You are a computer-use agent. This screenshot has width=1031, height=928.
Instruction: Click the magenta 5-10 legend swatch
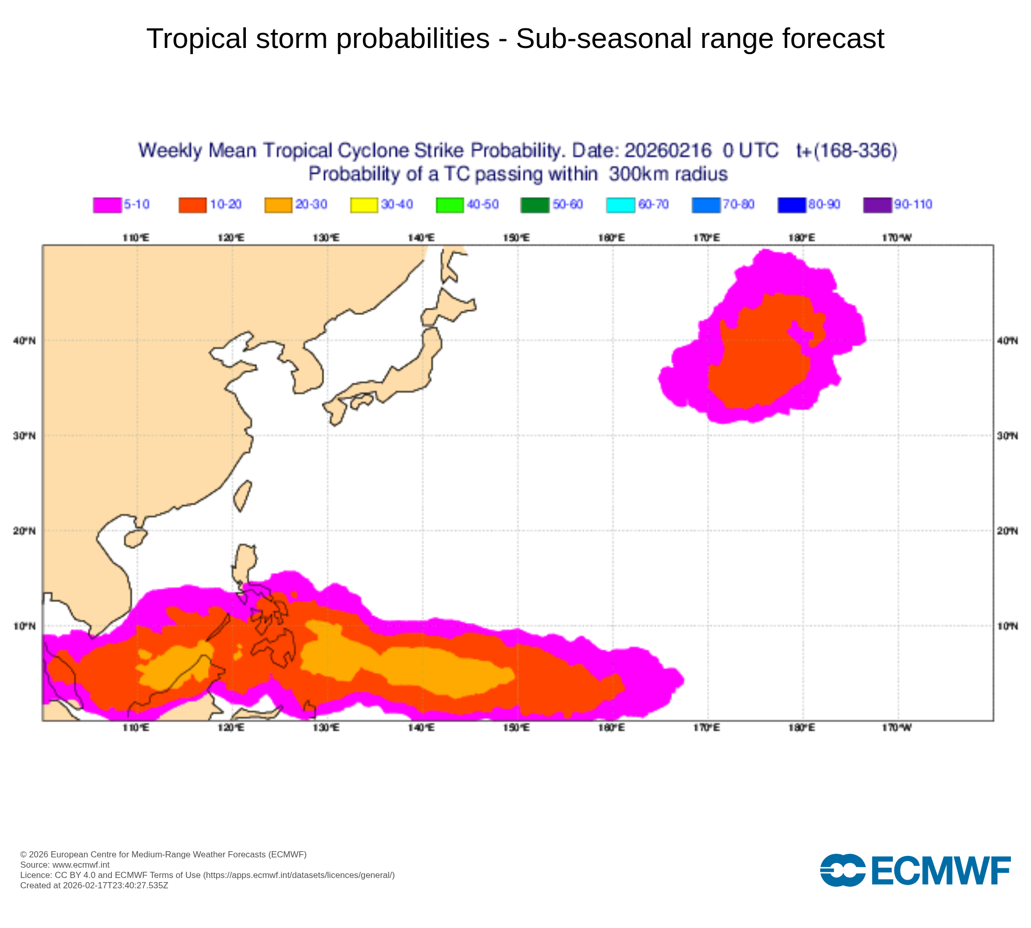click(x=107, y=205)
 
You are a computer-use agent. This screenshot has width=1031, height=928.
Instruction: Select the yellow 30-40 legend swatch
click(x=364, y=205)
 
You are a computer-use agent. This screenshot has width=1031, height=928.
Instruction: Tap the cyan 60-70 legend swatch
click(x=621, y=205)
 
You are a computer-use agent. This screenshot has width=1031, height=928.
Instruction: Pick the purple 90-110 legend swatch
click(x=877, y=205)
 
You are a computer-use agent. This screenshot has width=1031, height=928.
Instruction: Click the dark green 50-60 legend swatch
click(x=535, y=205)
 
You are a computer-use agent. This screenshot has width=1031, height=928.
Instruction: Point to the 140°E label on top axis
click(x=421, y=238)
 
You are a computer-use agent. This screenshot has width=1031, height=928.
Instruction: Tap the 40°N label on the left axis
click(x=24, y=341)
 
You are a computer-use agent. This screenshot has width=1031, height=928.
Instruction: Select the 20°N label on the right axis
click(x=1007, y=531)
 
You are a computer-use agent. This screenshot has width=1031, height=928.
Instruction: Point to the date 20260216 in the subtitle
click(x=668, y=151)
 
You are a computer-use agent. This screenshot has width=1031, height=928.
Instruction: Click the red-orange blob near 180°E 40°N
click(x=763, y=356)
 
